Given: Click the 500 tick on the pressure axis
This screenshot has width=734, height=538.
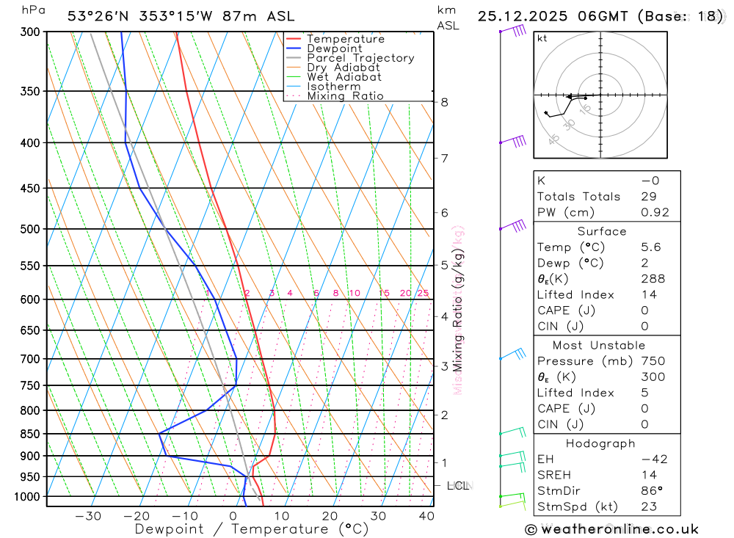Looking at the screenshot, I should click(x=31, y=229).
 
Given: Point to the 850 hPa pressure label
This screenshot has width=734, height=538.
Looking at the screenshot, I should click(x=31, y=434).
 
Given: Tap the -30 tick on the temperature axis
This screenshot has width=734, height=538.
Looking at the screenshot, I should click(x=88, y=516).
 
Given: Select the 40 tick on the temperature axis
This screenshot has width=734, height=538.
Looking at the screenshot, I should click(x=426, y=516).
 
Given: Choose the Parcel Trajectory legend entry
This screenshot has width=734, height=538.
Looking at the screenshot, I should click(x=360, y=58).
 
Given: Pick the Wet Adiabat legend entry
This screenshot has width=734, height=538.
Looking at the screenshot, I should click(x=344, y=77).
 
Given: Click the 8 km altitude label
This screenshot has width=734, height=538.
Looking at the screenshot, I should click(x=444, y=102).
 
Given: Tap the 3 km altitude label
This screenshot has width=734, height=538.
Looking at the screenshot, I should click(x=444, y=366).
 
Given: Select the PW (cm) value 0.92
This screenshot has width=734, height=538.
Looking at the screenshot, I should click(x=655, y=212).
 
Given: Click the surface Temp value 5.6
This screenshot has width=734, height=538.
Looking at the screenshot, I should click(x=650, y=247).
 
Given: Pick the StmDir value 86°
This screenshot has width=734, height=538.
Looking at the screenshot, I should click(x=650, y=491).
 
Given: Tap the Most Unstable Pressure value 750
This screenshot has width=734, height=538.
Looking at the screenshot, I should click(x=653, y=361).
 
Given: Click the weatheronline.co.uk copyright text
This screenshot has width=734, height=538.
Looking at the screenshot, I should click(x=611, y=529).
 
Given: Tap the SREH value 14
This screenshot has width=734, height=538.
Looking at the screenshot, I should click(x=648, y=476).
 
